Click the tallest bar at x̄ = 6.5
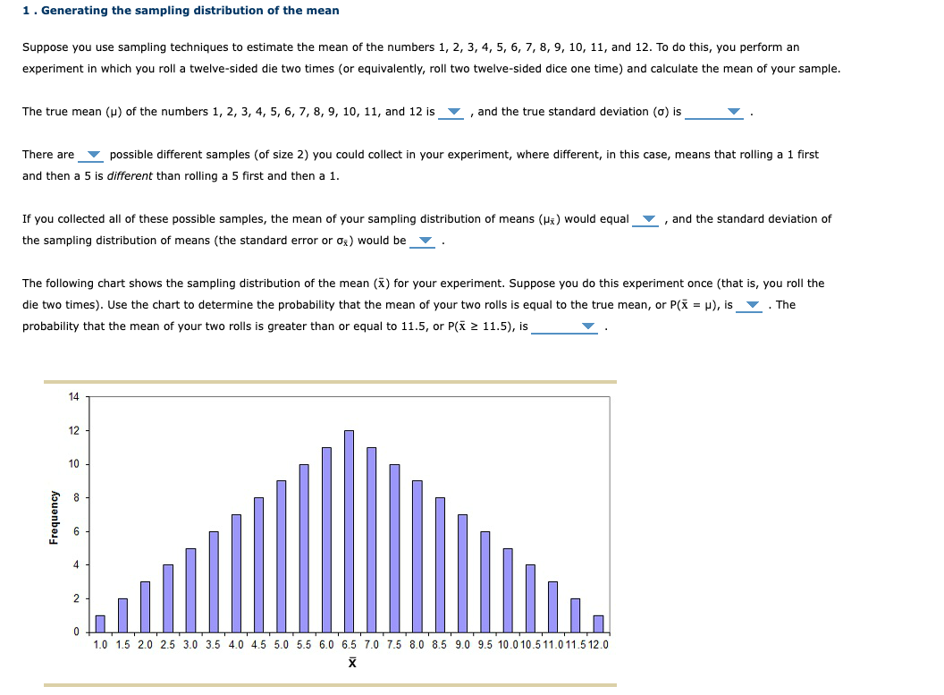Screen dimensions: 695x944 [349, 531]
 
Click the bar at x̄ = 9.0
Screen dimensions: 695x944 [462, 572]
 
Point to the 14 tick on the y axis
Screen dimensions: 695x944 [73, 396]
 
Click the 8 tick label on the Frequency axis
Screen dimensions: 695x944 [76, 497]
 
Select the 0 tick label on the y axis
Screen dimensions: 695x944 [76, 632]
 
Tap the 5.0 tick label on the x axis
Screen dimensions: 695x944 [281, 645]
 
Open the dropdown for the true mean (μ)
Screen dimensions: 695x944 [453, 113]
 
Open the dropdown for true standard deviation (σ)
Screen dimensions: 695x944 [733, 113]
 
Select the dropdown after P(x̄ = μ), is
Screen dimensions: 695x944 [752, 306]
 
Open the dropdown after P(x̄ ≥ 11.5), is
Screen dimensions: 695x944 [587, 327]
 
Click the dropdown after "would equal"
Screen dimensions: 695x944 [649, 220]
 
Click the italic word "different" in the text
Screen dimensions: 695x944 [130, 176]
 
